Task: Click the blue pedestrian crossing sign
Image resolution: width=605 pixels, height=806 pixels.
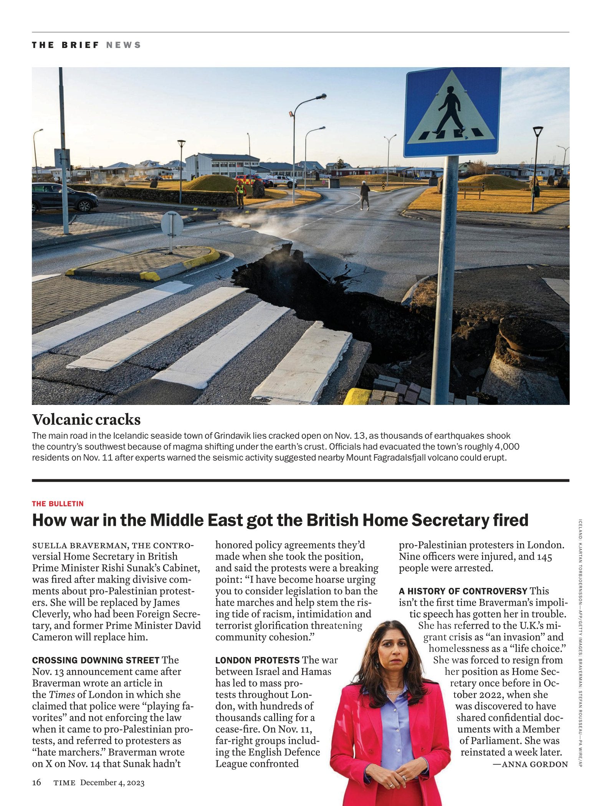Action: (453, 112)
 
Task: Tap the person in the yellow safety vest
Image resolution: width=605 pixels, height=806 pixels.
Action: (240, 194)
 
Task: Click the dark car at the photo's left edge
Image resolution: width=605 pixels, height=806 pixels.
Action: (61, 198)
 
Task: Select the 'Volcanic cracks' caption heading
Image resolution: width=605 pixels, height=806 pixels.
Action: (86, 420)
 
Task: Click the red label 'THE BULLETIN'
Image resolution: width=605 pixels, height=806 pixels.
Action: (58, 504)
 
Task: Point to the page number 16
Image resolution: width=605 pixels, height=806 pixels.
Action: (36, 783)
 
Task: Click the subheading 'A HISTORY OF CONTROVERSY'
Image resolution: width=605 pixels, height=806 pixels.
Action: (463, 591)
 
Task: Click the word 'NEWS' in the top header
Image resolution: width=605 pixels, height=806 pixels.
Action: (124, 45)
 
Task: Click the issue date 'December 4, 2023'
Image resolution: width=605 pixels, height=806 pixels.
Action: (112, 783)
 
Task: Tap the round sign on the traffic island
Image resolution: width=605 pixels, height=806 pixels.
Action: (172, 223)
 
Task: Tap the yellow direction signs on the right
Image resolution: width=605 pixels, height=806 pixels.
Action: (471, 187)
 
